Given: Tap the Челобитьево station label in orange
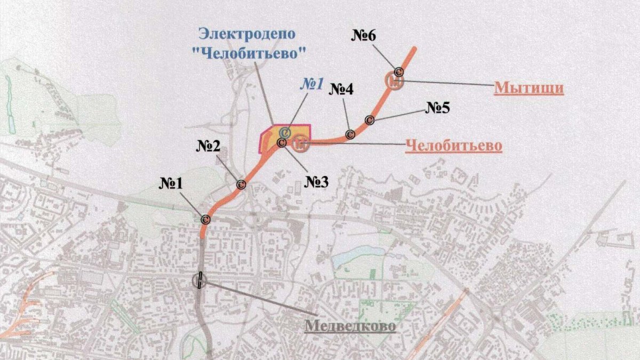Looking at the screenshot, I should pos(454,145).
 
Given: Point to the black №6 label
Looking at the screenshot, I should pos(364,36).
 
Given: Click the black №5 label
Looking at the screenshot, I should pos(437,108).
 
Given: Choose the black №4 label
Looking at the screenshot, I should pos(342,90).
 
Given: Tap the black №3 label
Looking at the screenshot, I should pos(317,182).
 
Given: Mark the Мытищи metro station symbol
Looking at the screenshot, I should pos(394,82).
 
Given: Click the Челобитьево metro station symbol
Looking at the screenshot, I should pos(301,142).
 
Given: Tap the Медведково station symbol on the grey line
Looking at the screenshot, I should pos(199,281).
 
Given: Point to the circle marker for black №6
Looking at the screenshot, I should pos(398,71).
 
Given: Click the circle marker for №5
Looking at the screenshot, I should pos(369,120).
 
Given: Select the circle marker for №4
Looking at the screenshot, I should pos(350,134).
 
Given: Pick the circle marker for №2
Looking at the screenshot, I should pos(241,185).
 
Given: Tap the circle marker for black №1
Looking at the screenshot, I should pos(205,218).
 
